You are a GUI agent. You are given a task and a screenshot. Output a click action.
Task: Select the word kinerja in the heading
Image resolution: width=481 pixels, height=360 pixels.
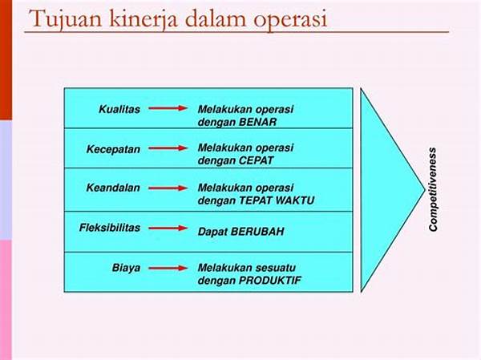[x=143, y=19]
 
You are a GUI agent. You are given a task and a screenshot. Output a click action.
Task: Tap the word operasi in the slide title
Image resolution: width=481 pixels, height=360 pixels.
[x=291, y=20]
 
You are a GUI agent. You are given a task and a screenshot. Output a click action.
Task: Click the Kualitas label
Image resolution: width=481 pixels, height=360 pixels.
[x=119, y=109]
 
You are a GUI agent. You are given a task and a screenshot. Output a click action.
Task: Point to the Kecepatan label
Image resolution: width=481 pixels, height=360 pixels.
[x=114, y=149]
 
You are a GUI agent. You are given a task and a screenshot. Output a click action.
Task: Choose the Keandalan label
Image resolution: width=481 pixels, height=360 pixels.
[x=113, y=188]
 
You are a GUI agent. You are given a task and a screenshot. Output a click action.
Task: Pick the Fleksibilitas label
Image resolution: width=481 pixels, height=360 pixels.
[x=110, y=228]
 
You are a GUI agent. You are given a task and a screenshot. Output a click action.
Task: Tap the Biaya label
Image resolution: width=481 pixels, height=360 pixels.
[x=126, y=268]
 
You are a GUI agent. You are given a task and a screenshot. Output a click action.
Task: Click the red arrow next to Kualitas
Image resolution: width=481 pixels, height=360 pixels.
[x=168, y=108]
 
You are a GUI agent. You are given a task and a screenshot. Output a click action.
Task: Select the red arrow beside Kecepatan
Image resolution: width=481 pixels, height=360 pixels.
[x=168, y=148]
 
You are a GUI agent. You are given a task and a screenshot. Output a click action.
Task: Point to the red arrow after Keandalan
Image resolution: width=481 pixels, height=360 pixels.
[x=168, y=188]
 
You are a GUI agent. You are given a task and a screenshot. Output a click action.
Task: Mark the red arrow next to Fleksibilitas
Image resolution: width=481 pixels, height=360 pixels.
[x=168, y=228]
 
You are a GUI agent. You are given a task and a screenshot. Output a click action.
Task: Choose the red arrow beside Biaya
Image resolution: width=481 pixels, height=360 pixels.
[x=168, y=269]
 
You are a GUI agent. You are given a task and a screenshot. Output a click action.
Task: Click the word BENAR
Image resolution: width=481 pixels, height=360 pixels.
[x=257, y=122]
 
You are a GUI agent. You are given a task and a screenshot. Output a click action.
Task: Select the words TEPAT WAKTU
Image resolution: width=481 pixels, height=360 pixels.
[x=277, y=200]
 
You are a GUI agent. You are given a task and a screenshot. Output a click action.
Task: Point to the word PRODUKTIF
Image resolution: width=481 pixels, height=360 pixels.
[x=270, y=281]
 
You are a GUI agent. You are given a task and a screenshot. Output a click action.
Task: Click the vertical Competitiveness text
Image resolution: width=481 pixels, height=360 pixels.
[x=433, y=190]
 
